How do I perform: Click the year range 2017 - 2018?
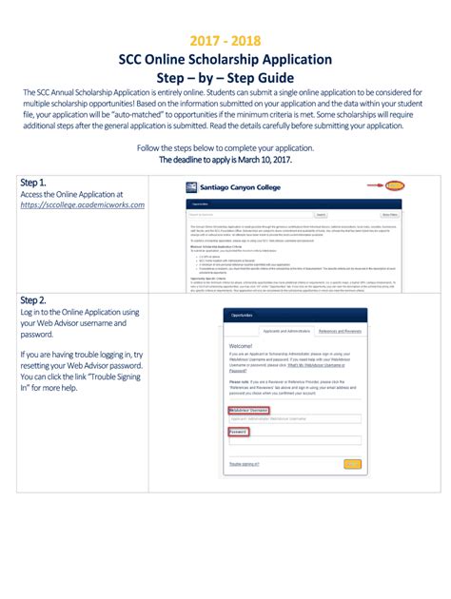(225, 41)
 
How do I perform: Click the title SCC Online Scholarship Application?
(225, 59)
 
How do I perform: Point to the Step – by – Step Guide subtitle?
(225, 77)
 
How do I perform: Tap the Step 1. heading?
(33, 183)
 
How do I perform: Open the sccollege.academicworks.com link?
(82, 205)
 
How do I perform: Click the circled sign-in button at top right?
(395, 185)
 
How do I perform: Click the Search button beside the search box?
(321, 215)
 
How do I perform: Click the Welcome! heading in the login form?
(241, 346)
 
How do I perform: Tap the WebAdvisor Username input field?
(294, 418)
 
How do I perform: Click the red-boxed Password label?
(238, 431)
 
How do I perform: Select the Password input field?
(294, 440)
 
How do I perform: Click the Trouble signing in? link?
(245, 464)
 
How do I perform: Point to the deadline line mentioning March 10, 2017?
(225, 160)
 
